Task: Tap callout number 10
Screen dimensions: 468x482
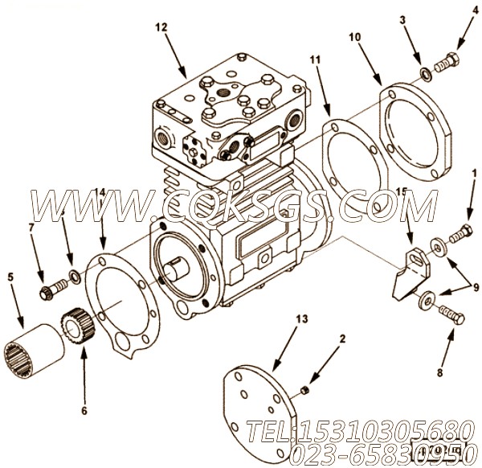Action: click(355, 37)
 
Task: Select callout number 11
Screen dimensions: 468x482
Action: click(314, 60)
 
